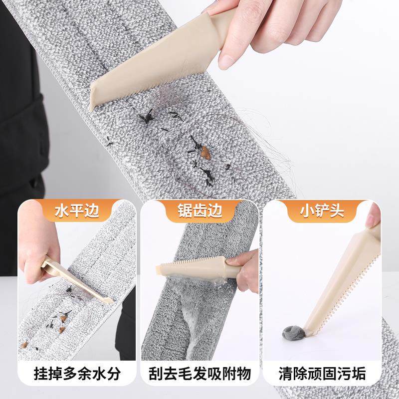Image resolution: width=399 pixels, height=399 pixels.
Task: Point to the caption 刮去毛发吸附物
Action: click(199, 373)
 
